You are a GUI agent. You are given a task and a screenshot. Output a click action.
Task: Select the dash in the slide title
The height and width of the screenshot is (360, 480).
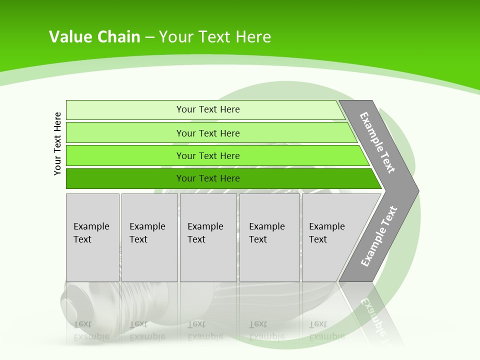[150, 37]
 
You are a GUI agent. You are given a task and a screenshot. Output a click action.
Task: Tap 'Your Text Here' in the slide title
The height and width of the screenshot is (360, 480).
[215, 37]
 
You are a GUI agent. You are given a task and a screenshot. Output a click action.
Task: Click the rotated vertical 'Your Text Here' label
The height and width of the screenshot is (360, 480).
[57, 143]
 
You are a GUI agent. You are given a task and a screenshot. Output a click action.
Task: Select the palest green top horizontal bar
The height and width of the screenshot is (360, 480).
[205, 109]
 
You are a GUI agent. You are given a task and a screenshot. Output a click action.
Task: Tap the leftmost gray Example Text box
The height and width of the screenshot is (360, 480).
[92, 237]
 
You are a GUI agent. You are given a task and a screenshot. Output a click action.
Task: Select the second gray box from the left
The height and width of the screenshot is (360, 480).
[149, 237]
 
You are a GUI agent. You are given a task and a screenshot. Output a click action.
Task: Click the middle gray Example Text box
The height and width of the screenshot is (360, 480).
[208, 237]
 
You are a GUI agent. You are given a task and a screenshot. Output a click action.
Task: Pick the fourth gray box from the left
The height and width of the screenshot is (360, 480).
[269, 237]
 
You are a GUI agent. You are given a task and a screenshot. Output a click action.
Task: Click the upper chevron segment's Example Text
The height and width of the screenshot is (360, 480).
[377, 142]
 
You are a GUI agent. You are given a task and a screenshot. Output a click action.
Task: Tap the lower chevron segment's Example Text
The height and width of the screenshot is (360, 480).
[378, 236]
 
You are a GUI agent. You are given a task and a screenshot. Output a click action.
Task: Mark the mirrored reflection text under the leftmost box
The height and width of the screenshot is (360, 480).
[91, 330]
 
